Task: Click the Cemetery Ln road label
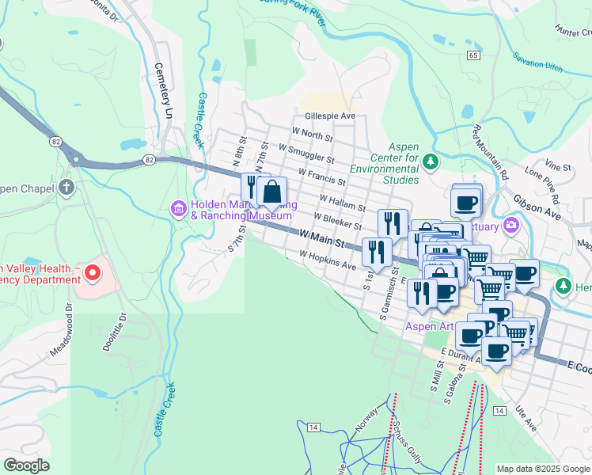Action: coord(163,91)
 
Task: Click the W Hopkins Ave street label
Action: coord(327,260)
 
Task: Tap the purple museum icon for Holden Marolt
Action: coord(178,209)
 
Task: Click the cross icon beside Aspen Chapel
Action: coord(67,188)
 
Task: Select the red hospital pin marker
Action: coord(92,274)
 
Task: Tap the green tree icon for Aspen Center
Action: coord(431,162)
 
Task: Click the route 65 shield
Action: coord(473,55)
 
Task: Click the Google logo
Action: coord(26,465)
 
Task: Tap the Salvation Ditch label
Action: coord(537,62)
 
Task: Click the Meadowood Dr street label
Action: coord(69,328)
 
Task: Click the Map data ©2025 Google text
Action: coord(542,468)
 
